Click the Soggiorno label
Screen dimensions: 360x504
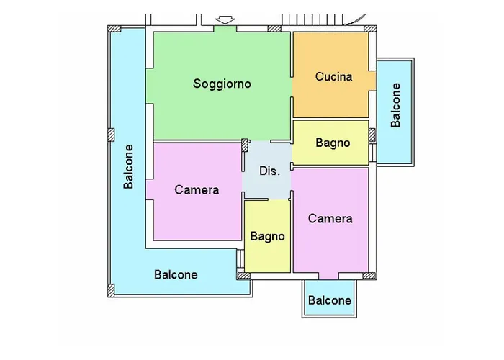[x=222, y=84]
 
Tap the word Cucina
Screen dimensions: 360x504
[x=333, y=76]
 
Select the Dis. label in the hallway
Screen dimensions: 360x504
[x=269, y=171]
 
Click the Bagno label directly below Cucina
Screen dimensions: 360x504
[x=333, y=143]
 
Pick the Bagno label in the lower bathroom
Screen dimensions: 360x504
[x=267, y=236]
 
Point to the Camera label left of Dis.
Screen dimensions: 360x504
[x=197, y=190]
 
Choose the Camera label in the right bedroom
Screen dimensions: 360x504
[x=330, y=218]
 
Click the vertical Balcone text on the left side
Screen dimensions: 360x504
[x=129, y=167]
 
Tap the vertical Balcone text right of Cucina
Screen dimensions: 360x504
[x=395, y=105]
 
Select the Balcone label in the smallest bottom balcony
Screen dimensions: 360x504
[x=329, y=300]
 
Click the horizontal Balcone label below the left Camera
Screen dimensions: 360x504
[x=176, y=274]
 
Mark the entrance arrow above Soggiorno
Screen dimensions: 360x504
[x=225, y=19]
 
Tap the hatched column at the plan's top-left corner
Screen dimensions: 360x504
[x=113, y=30]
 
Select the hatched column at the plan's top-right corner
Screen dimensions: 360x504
[x=370, y=30]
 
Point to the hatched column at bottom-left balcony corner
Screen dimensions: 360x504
[x=111, y=290]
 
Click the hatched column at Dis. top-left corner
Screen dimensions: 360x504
[x=246, y=144]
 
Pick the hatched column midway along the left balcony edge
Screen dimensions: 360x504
[x=111, y=135]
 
